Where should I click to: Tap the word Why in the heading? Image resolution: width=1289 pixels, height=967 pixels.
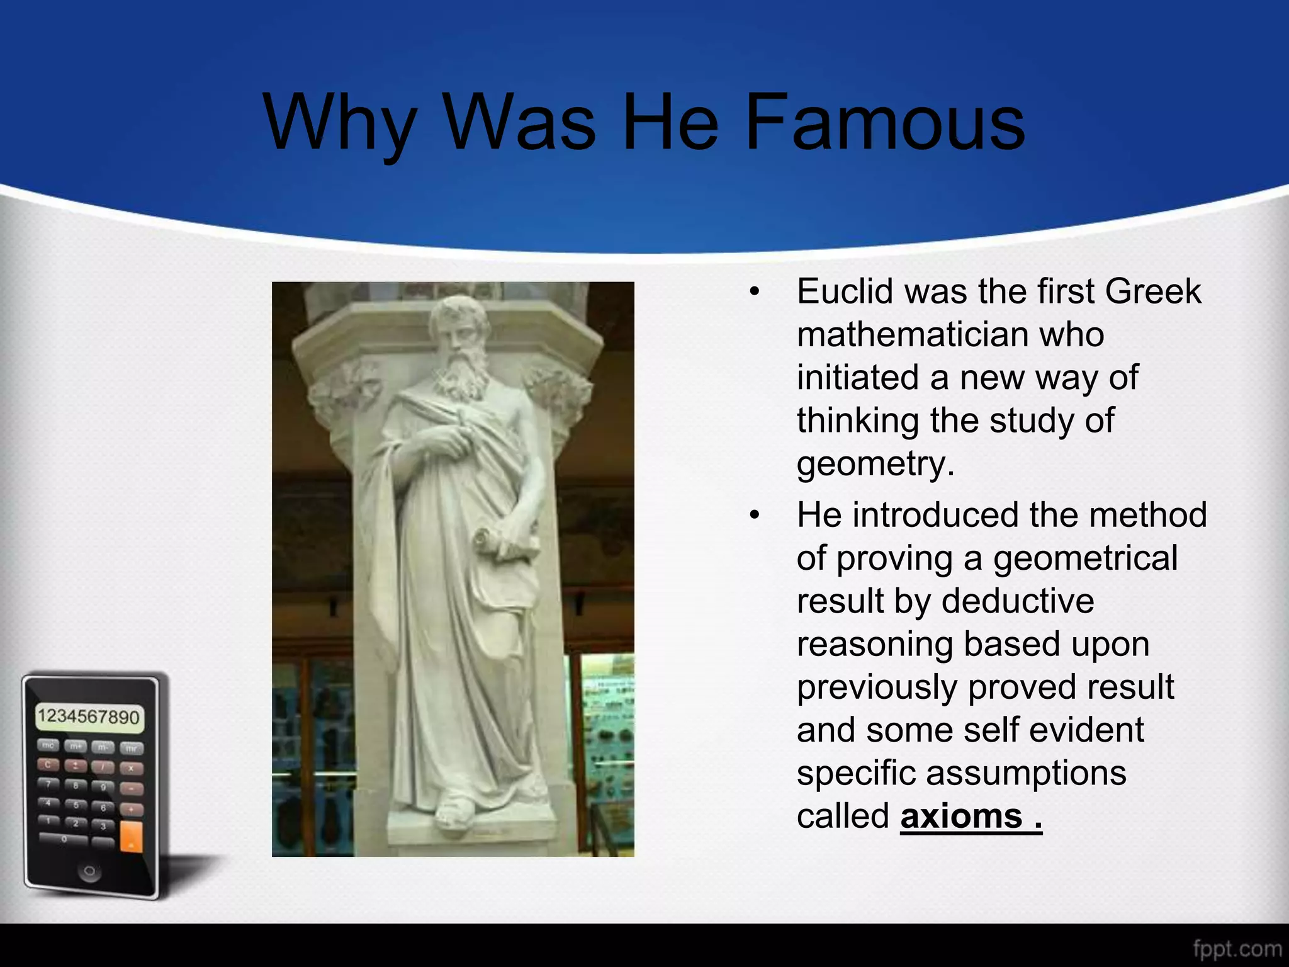340,123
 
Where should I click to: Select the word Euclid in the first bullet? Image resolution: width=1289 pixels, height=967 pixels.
845,291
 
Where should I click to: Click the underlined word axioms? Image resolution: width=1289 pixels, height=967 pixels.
961,817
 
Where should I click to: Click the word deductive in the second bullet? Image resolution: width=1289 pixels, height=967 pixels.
1018,601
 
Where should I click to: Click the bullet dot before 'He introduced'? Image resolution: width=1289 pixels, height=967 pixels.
755,516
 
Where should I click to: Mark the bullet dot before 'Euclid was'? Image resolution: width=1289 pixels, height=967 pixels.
755,292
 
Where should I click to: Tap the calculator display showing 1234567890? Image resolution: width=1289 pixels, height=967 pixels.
89,717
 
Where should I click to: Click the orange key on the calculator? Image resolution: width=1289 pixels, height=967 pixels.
132,835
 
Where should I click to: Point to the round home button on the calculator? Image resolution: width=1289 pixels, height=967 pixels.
89,871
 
